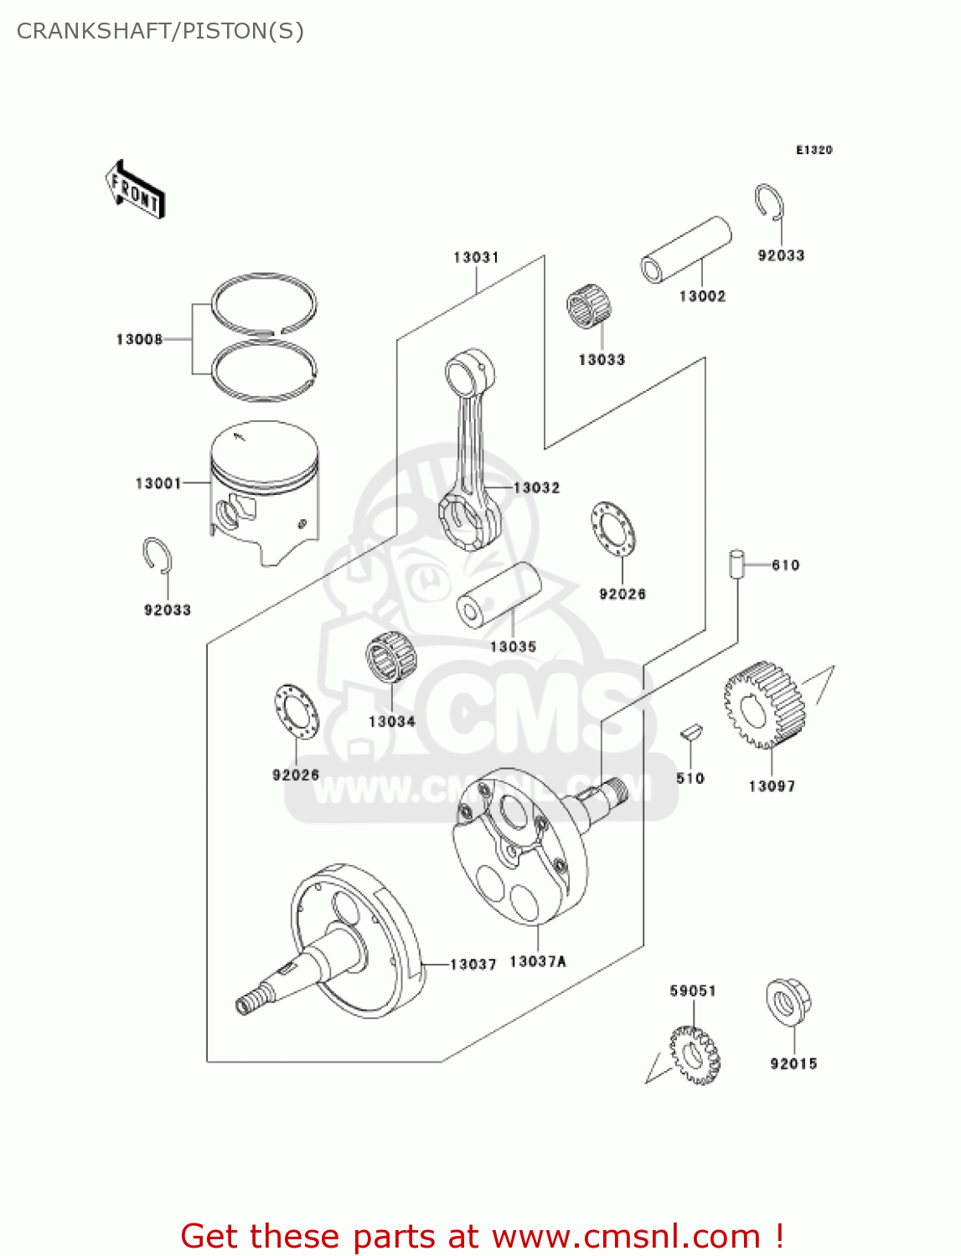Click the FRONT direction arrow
[x=135, y=190]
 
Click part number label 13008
[x=139, y=339]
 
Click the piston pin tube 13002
[x=685, y=250]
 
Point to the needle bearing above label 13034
[x=391, y=657]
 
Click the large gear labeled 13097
[x=763, y=706]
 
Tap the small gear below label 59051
[x=695, y=1055]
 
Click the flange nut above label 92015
[x=788, y=1001]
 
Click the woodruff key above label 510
[x=690, y=733]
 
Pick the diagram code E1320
[x=814, y=150]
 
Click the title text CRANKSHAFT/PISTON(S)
[x=160, y=31]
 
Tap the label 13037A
[x=537, y=961]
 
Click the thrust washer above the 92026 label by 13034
[x=297, y=712]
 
